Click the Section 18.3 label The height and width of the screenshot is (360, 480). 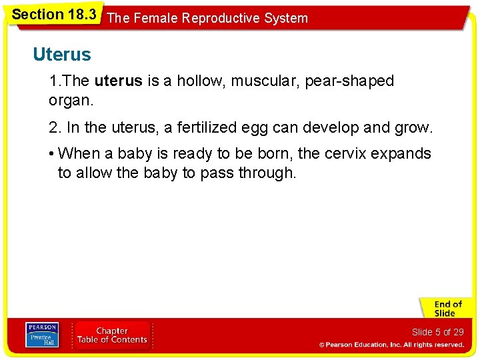pyautogui.click(x=54, y=13)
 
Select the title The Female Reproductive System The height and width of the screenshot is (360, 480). pyautogui.click(x=207, y=18)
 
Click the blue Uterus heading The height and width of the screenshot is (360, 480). pyautogui.click(x=62, y=55)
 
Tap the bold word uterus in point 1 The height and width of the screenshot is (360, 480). pyautogui.click(x=118, y=81)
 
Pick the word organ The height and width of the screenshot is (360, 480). pyautogui.click(x=70, y=101)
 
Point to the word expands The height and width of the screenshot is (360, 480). pyautogui.click(x=401, y=154)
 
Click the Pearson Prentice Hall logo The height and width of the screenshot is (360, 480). pyautogui.click(x=41, y=333)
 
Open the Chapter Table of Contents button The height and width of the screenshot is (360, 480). pyautogui.click(x=112, y=335)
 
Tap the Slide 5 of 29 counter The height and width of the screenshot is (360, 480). pyautogui.click(x=437, y=332)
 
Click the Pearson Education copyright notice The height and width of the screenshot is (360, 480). pyautogui.click(x=391, y=345)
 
